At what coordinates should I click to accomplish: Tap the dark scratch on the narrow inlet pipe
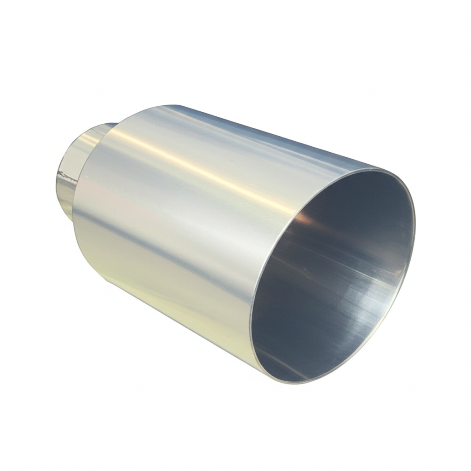[67, 175]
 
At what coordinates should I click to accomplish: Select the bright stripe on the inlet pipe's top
[92, 133]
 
